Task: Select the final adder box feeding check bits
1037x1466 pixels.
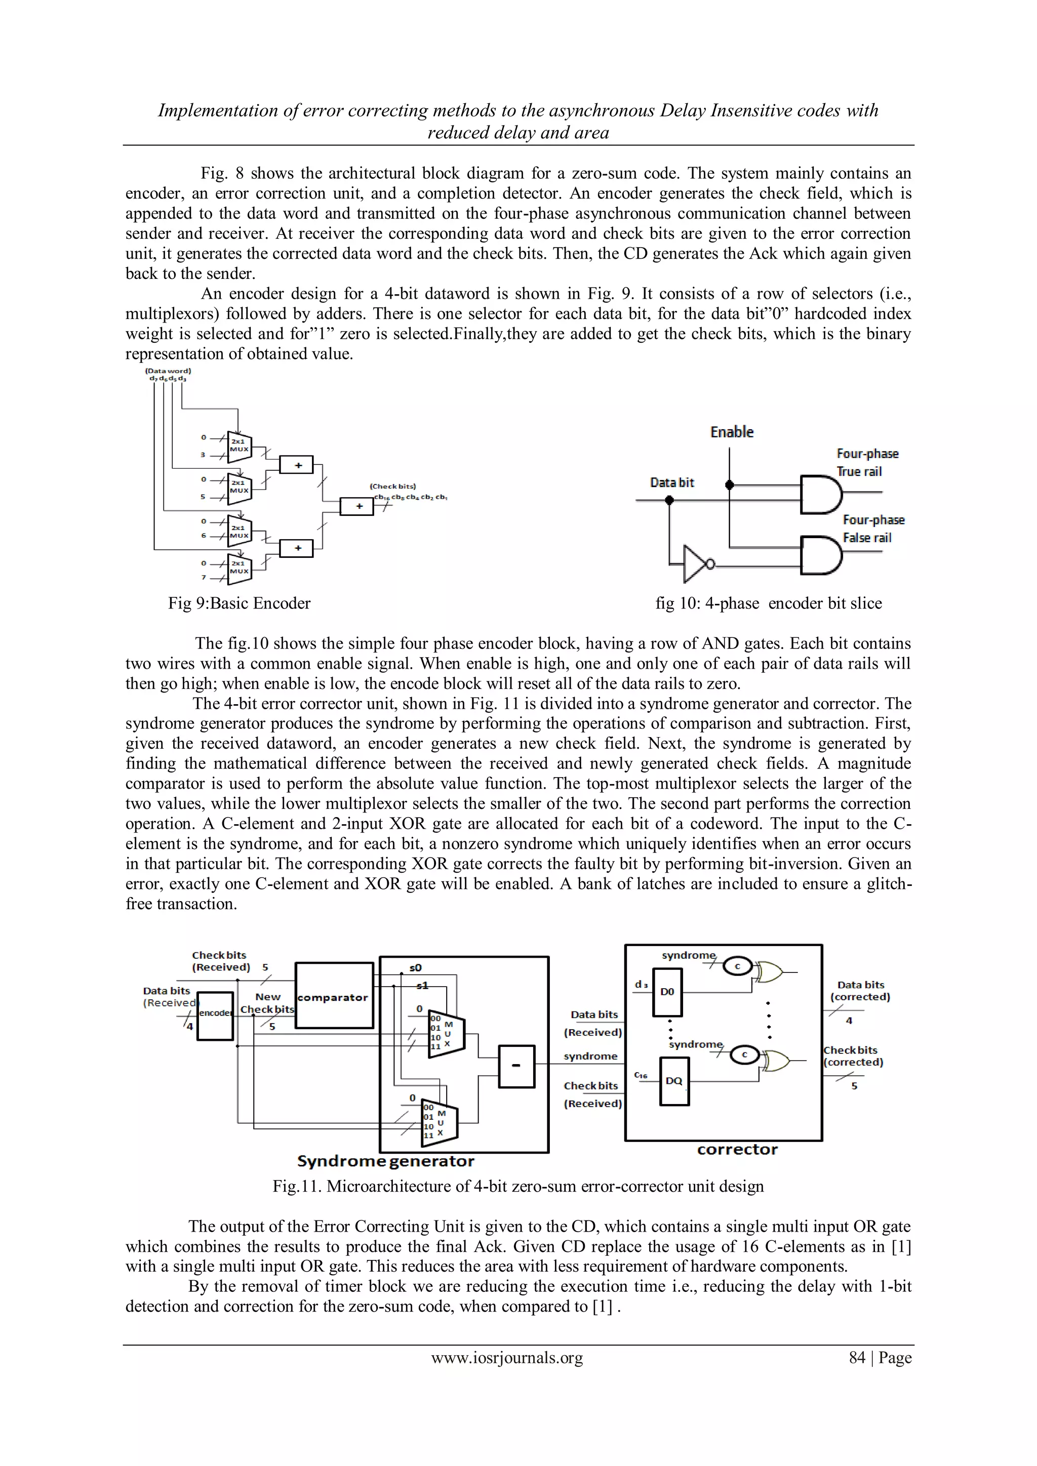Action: pyautogui.click(x=356, y=506)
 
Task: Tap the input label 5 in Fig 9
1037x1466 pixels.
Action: pyautogui.click(x=204, y=496)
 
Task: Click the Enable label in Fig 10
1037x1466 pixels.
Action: pyautogui.click(x=732, y=432)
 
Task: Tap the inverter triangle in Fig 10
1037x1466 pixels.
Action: pyautogui.click(x=694, y=564)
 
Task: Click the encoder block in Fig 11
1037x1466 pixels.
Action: pyautogui.click(x=215, y=1016)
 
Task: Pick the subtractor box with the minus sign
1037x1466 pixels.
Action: pyautogui.click(x=515, y=1066)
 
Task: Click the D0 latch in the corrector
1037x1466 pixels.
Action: pyautogui.click(x=667, y=992)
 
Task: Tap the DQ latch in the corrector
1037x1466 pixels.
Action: pyautogui.click(x=673, y=1081)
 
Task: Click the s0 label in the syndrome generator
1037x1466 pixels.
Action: pyautogui.click(x=415, y=968)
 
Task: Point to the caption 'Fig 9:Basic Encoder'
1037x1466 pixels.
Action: pyautogui.click(x=240, y=603)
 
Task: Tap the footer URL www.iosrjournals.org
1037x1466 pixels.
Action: pyautogui.click(x=507, y=1358)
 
